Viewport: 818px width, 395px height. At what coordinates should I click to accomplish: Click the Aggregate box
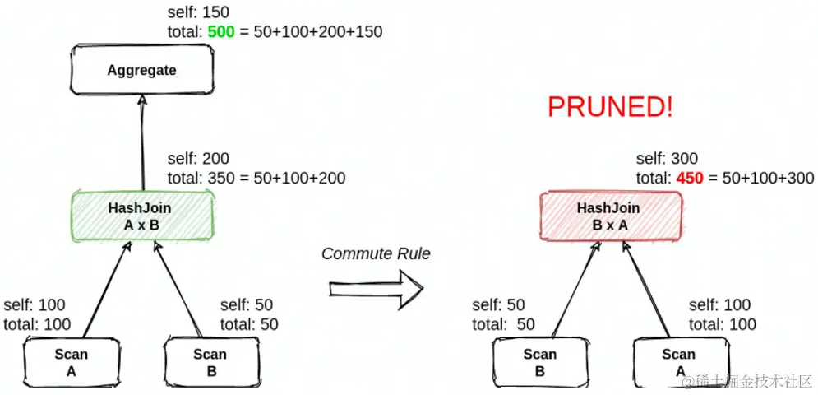click(142, 69)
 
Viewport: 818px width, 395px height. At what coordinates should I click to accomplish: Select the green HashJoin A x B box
click(142, 216)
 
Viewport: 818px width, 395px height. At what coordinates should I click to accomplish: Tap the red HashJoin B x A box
click(610, 216)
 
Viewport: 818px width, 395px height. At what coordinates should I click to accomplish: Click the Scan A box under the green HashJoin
click(72, 362)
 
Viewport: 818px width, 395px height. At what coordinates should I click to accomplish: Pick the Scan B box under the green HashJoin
click(211, 362)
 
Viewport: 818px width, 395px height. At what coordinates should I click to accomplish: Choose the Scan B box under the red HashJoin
click(540, 362)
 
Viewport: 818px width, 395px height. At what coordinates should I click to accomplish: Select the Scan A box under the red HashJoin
click(680, 362)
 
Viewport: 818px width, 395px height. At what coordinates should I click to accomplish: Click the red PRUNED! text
click(610, 107)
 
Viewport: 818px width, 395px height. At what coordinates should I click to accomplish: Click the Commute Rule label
click(377, 254)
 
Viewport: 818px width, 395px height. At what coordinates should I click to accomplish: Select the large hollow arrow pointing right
click(377, 289)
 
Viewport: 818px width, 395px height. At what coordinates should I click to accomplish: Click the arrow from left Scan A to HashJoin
click(105, 290)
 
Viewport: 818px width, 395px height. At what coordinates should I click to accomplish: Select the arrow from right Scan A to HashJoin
click(646, 290)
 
